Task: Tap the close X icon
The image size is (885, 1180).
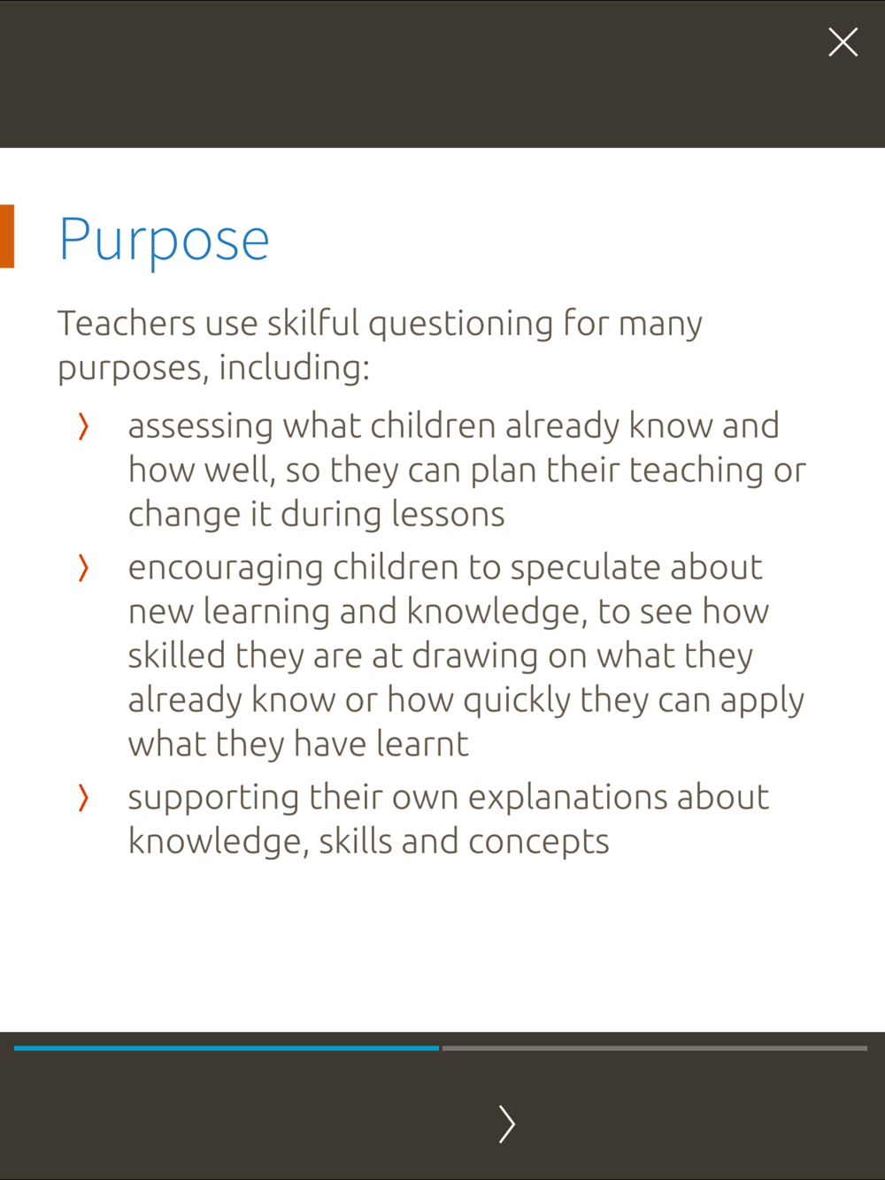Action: [843, 42]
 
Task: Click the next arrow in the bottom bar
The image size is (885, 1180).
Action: [506, 1123]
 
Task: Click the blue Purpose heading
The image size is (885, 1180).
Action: [164, 240]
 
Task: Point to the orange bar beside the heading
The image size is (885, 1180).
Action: [7, 236]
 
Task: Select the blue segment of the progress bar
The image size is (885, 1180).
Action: [227, 1048]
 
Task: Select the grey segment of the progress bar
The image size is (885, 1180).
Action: [655, 1048]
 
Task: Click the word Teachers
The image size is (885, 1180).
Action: [127, 324]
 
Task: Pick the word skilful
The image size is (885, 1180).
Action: [313, 323]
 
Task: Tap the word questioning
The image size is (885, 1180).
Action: [461, 325]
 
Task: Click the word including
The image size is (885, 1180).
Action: [294, 368]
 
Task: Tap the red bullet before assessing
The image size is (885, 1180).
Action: [83, 427]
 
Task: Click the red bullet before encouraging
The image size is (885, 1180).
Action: [83, 568]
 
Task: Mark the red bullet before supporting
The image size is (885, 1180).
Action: [83, 798]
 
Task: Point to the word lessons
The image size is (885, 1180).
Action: [448, 514]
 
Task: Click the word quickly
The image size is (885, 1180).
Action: [517, 701]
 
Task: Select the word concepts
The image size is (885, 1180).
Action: [539, 843]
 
